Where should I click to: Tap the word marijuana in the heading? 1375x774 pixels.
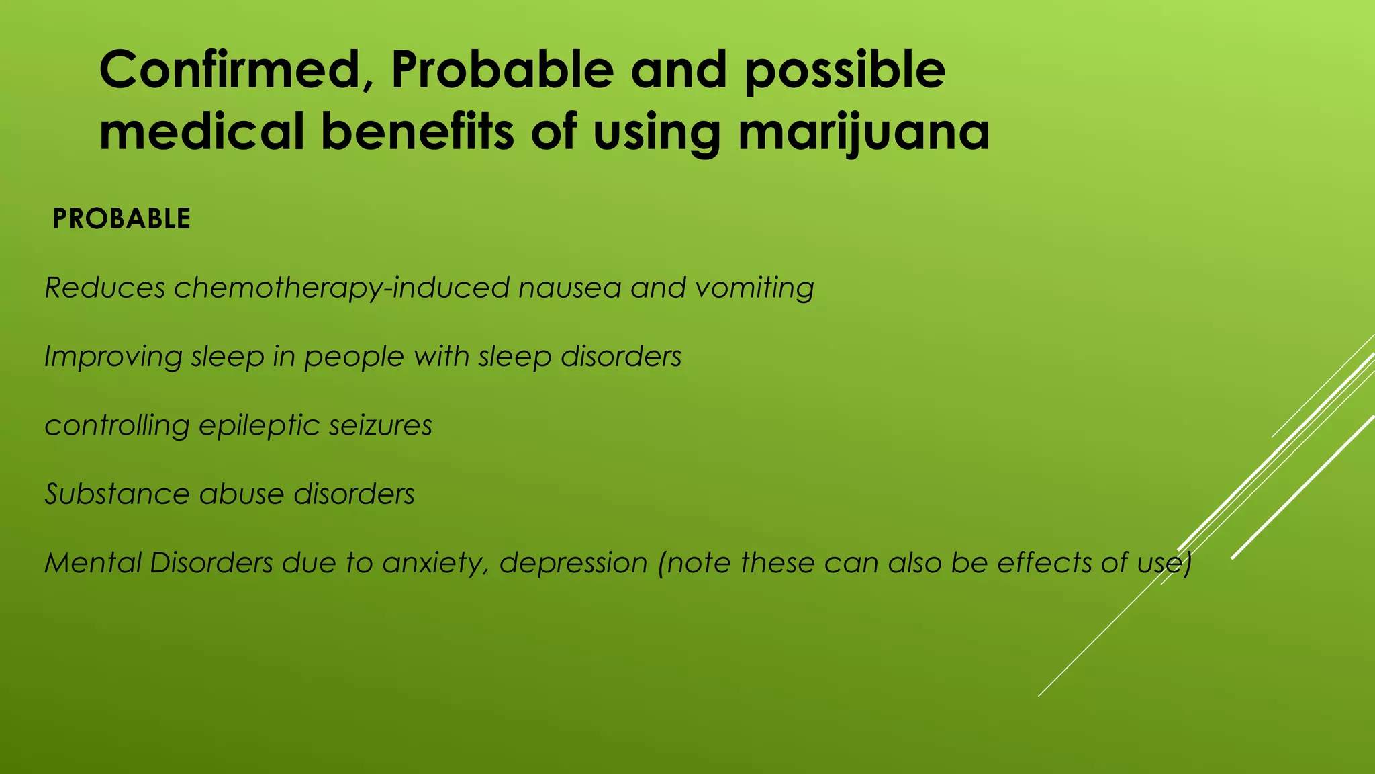coord(863,132)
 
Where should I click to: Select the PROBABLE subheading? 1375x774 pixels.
coord(122,220)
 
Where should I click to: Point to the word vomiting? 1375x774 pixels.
coord(755,288)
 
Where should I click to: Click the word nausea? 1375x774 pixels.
coord(569,288)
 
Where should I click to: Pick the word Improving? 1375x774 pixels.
coord(113,357)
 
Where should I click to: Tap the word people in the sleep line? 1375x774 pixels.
coord(354,357)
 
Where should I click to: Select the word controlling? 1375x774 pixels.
coord(116,426)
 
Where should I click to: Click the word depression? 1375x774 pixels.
coord(573,563)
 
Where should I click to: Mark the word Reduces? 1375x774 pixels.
coord(105,288)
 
